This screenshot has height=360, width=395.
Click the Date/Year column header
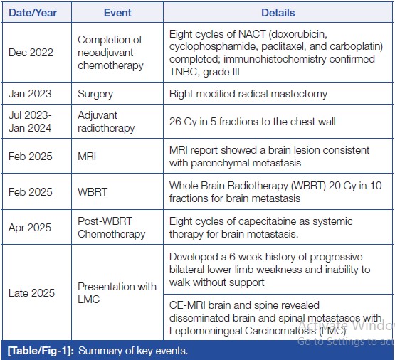click(33, 13)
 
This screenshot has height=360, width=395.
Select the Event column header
click(117, 13)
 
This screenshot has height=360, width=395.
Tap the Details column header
click(278, 13)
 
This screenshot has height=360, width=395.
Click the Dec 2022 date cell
click(31, 53)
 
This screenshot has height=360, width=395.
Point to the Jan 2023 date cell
click(30, 94)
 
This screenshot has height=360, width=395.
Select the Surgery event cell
click(95, 94)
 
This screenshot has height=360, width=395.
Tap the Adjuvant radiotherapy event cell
click(106, 122)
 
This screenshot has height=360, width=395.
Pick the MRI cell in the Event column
click(87, 157)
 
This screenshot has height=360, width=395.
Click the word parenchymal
click(221, 163)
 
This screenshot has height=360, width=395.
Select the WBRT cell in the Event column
click(93, 192)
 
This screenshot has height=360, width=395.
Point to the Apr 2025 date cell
click(30, 228)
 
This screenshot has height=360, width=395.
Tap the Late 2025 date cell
click(31, 293)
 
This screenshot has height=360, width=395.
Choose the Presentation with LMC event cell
click(117, 293)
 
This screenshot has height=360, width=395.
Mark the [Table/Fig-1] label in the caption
click(41, 351)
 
